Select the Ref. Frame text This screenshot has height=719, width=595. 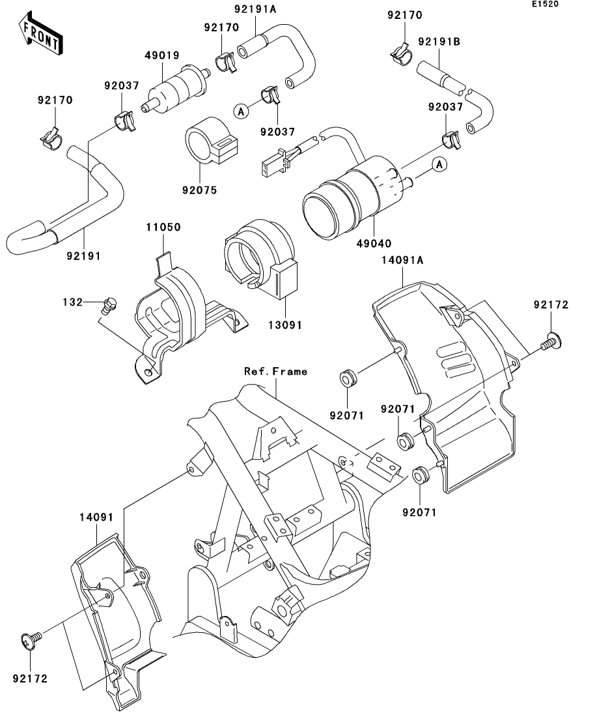click(x=275, y=372)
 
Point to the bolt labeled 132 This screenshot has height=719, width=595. click(x=111, y=304)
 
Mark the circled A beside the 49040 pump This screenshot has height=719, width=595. click(x=439, y=165)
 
